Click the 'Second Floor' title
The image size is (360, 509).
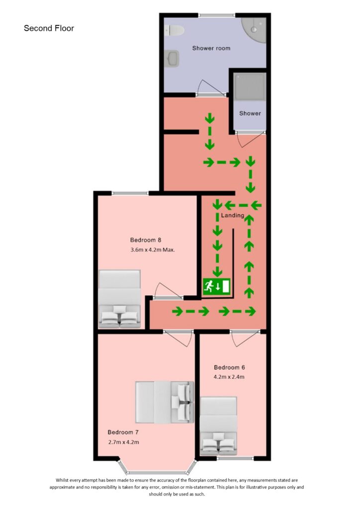[x=49, y=28]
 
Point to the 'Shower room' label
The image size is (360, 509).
[x=211, y=48]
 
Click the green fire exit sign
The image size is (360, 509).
[x=216, y=286]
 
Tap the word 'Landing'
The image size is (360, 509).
[x=233, y=216]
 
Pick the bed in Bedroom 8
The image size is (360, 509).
[x=119, y=299]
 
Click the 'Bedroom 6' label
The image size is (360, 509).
[x=229, y=367]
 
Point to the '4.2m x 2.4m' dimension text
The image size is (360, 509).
[x=229, y=377]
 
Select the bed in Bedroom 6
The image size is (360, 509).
[x=218, y=426]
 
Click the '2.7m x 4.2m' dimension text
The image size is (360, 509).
[x=123, y=442]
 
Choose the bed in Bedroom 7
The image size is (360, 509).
[x=164, y=401]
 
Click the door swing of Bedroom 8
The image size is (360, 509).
[x=163, y=290]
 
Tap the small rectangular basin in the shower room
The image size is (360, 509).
[x=173, y=60]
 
